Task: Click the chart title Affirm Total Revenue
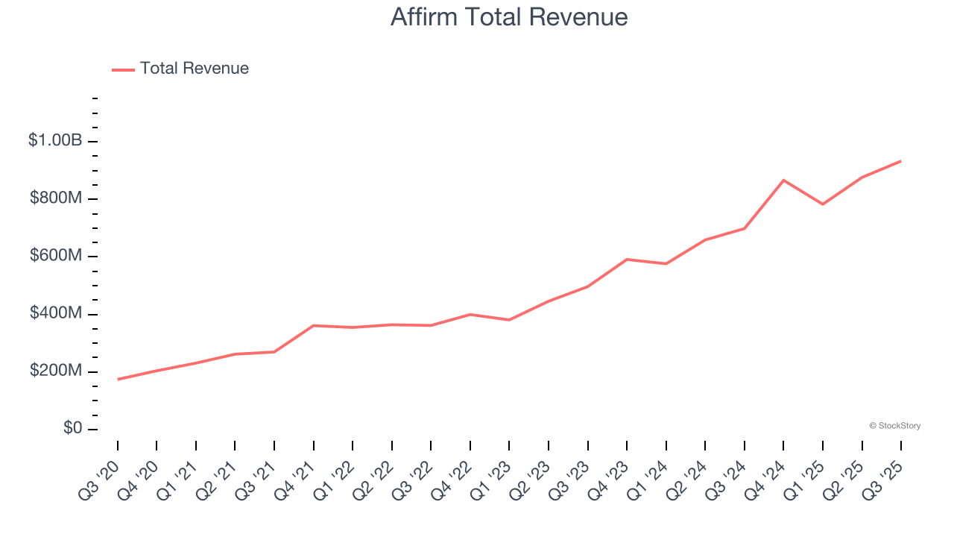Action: (509, 17)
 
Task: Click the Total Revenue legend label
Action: (194, 69)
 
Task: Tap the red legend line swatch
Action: (123, 69)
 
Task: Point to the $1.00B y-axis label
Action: (55, 140)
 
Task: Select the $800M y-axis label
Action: (55, 198)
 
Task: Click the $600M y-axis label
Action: (55, 256)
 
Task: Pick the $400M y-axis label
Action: (55, 313)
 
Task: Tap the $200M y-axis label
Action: (55, 371)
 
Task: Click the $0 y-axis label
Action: (73, 428)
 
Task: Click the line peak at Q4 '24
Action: (783, 180)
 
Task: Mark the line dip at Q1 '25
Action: (823, 204)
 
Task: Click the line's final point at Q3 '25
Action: (900, 161)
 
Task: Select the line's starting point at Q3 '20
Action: (118, 380)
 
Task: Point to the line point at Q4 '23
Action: (627, 259)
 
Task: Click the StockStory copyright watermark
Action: (894, 426)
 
